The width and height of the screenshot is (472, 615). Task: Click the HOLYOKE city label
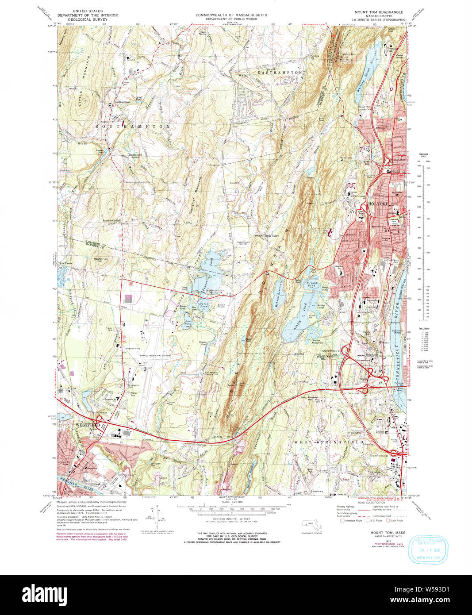pos(378,204)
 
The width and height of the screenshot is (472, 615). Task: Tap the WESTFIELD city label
pos(86,424)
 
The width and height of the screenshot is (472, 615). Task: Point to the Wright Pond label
pos(312,284)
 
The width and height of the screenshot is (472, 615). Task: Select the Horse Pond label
pos(203,305)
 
